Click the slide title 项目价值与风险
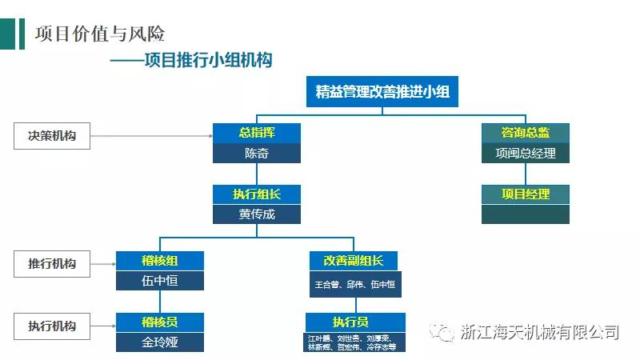pos(101,34)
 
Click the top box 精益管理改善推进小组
pos(382,91)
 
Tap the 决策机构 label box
pos(52,136)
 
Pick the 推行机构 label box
pos(52,262)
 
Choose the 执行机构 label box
pos(52,326)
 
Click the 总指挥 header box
pos(257,133)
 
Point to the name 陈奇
pos(257,153)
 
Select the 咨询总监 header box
pos(526,133)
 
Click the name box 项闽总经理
pos(526,153)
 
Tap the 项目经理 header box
pos(526,194)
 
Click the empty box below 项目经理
pos(526,214)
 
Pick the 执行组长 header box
pos(257,194)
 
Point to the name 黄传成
pos(257,214)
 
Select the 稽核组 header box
pos(160,261)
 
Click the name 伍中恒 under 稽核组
pos(160,281)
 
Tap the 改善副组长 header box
pos(353,261)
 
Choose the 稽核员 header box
pos(160,322)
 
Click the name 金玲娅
pos(160,342)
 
